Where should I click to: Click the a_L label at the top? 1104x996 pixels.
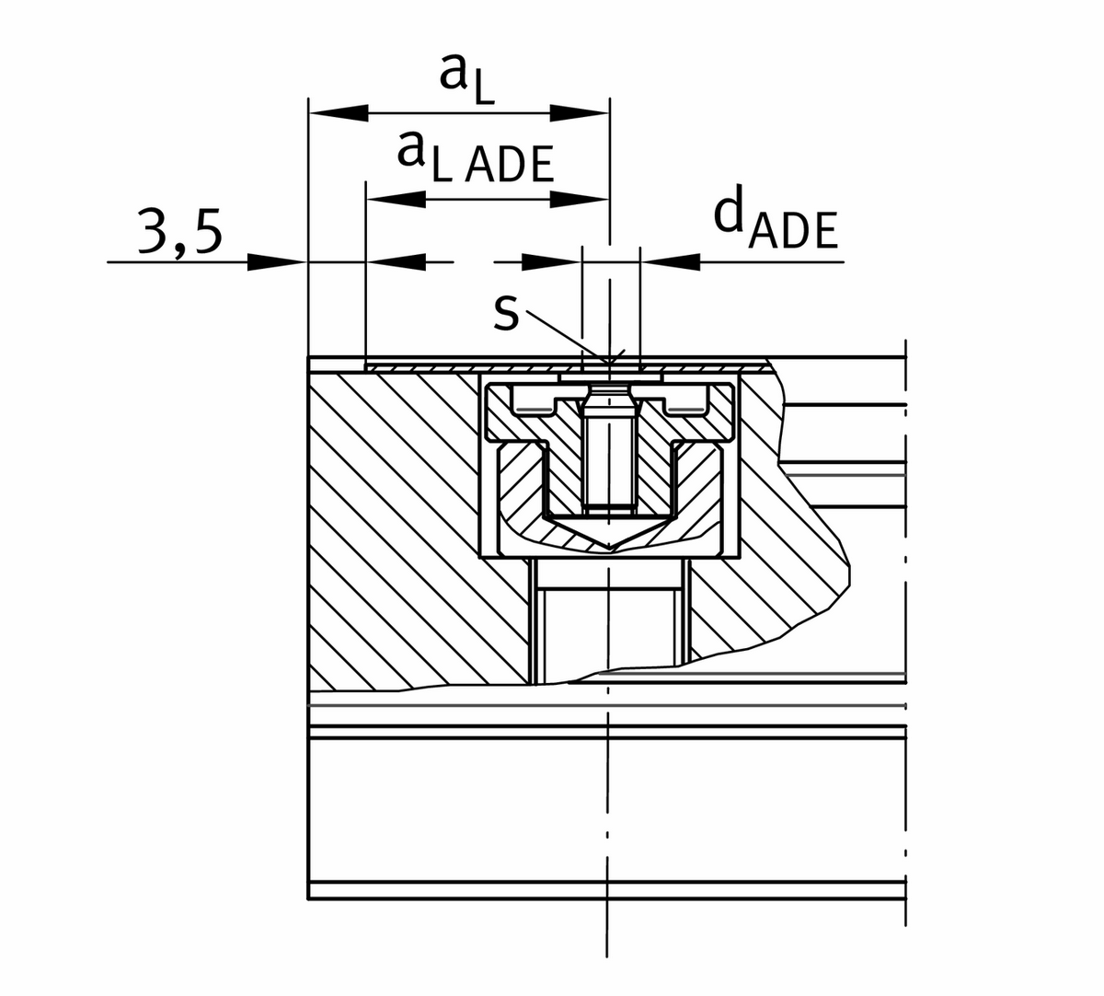(467, 81)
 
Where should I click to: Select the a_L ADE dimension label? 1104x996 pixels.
(476, 157)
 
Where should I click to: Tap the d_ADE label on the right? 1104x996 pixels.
(776, 223)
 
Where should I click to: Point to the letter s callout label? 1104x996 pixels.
(506, 313)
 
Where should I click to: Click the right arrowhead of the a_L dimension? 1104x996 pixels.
(580, 112)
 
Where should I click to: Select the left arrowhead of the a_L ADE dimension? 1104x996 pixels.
(396, 198)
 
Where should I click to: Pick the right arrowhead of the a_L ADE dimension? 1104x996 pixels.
(580, 198)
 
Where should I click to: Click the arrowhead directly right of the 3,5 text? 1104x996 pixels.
(276, 262)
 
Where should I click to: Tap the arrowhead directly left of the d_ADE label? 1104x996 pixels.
(669, 262)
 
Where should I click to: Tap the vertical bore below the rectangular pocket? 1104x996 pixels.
(609, 626)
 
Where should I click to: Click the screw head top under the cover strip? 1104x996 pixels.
(609, 390)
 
